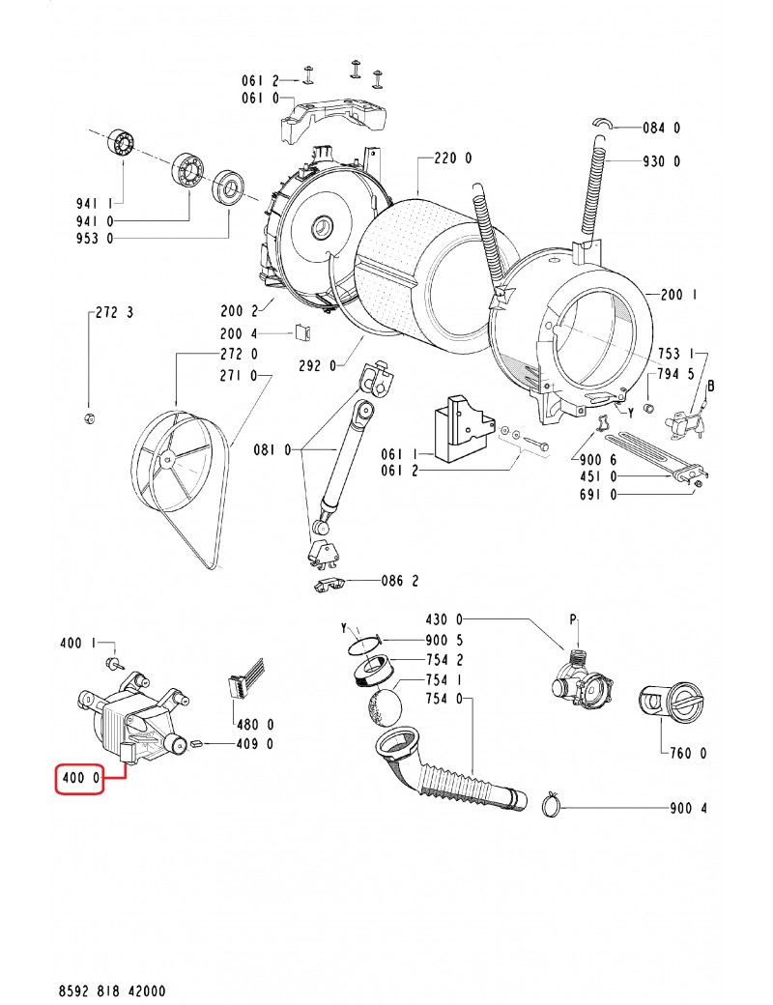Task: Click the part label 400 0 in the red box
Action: click(x=78, y=778)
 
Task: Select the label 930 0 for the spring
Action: click(x=661, y=162)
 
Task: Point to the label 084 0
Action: click(x=662, y=128)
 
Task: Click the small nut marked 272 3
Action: click(x=87, y=417)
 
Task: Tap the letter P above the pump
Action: click(x=573, y=618)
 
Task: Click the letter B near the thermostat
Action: click(x=712, y=386)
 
